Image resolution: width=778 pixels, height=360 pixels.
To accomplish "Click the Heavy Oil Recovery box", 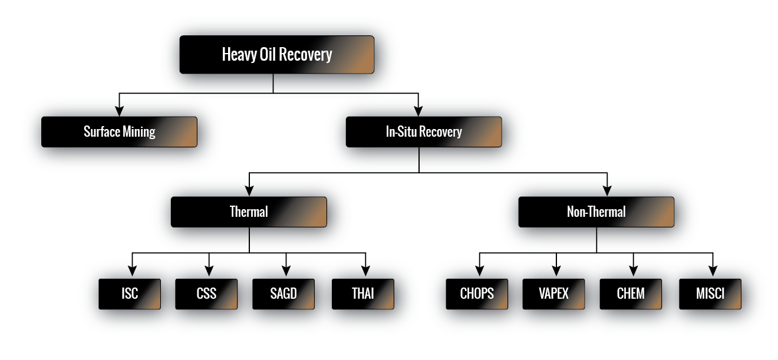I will pos(276,55).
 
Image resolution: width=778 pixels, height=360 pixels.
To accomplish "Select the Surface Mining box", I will pos(119,131).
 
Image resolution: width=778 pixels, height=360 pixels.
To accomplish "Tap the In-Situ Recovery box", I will pos(423,131).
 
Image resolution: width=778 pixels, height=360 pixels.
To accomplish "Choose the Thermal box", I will pos(249,212).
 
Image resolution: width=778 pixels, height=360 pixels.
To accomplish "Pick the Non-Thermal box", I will pos(596,212).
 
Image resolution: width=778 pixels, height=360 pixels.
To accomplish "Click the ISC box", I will pos(130,293).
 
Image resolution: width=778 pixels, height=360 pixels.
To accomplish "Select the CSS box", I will pos(206,293).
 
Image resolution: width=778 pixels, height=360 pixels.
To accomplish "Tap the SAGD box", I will pos(283,293).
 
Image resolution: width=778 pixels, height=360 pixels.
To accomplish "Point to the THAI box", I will pos(362,293).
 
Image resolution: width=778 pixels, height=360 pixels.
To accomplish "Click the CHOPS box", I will pos(477,293).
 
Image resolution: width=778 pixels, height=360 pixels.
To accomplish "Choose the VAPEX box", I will pos(553,293).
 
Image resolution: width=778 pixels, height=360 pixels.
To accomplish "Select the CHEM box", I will pos(631,293).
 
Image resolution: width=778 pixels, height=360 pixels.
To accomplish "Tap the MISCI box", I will pos(710,293).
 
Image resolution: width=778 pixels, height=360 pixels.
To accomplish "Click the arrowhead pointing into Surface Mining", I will pos(120,111).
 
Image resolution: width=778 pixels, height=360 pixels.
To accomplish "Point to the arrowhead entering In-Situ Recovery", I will pos(418,111).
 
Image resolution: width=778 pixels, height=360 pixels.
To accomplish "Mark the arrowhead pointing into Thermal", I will pos(249,191).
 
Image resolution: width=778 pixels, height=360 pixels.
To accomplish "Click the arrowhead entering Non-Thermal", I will pos(607,191).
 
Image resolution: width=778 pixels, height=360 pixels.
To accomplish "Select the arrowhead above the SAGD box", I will pos(286,272).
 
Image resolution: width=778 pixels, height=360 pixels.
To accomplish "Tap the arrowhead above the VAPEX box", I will pos(556,272).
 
